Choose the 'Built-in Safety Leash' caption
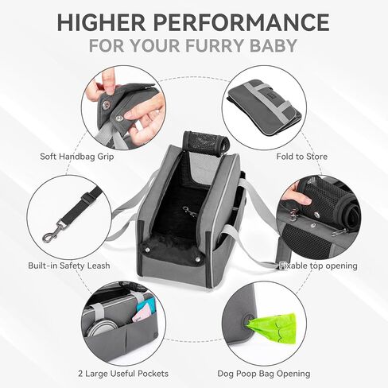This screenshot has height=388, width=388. [x=68, y=265]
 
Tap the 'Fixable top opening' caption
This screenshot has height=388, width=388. [x=318, y=265]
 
